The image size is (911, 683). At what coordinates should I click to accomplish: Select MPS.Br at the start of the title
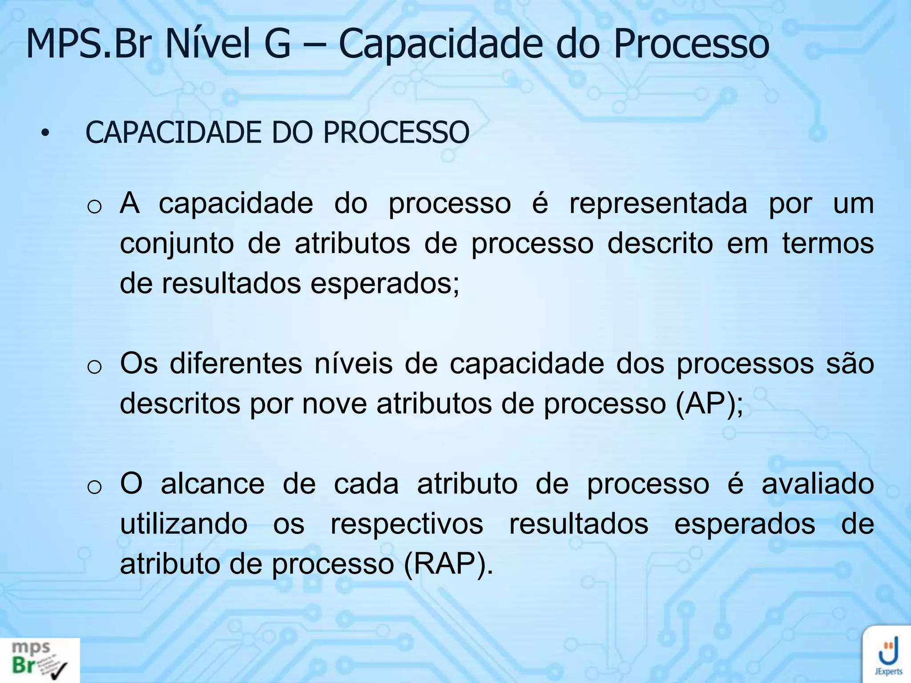pos(87,44)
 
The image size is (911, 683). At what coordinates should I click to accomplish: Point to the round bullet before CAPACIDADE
pos(44,133)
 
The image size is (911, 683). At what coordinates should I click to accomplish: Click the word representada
pos(658,204)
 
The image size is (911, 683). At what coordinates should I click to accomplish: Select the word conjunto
pos(177,245)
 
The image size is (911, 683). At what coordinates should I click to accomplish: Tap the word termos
pos(828,244)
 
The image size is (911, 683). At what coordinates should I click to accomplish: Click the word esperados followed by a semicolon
pos(384,284)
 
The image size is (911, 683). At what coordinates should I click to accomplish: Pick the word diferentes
pos(236,363)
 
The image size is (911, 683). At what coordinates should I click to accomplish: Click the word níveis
pos(354,363)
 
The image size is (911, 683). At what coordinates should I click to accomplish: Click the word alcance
pos(213,484)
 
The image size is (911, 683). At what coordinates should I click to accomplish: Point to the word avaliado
pos(818,484)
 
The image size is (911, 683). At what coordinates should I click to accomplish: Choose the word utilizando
pos(184,524)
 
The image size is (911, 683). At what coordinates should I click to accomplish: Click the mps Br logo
pos(40,660)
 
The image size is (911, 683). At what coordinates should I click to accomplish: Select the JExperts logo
pos(888,655)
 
